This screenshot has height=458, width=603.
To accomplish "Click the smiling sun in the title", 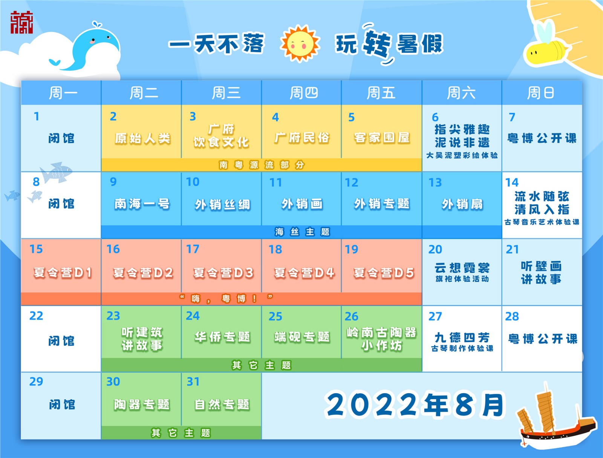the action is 300,43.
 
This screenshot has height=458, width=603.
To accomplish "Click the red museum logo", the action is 21,23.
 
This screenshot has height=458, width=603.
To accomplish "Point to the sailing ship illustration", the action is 555,417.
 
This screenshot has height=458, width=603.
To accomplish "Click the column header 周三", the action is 226,93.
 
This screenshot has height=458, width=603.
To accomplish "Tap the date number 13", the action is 435,183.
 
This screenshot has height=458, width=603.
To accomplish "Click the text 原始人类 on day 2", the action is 142,138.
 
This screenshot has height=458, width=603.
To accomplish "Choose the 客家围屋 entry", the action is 382,138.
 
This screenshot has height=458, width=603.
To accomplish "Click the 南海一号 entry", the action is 142,204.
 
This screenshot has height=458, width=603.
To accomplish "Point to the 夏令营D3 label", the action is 223,273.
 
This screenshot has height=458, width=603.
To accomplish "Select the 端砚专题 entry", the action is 302,337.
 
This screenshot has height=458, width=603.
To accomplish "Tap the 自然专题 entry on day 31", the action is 222,405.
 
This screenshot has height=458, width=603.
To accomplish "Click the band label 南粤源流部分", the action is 262,165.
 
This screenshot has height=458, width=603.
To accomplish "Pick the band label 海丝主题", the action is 302,232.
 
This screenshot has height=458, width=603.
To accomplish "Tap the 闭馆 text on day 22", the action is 61,341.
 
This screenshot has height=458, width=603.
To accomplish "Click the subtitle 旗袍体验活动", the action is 462,279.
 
